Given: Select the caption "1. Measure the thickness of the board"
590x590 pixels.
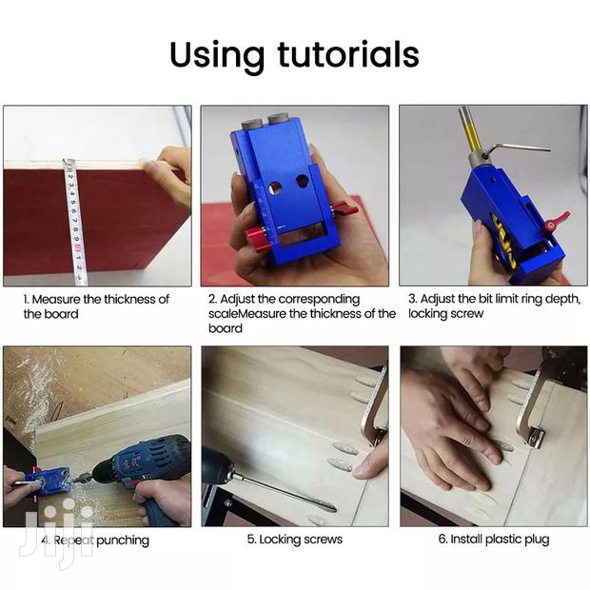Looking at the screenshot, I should coord(95,305).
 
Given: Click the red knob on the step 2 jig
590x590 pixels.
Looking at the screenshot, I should coord(254,234).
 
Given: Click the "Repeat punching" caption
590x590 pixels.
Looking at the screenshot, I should coord(100,540).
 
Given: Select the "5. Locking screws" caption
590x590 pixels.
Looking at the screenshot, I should coord(294,540).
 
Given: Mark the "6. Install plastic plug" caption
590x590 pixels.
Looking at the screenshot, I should coord(493,540).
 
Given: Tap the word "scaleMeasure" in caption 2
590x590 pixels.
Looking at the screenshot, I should coord(248,313).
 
